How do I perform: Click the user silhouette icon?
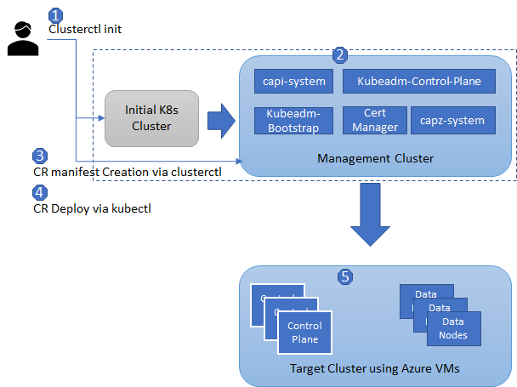[x=24, y=39]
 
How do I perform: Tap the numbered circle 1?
[x=56, y=15]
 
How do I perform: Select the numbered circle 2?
[x=340, y=55]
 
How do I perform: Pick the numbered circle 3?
[x=39, y=157]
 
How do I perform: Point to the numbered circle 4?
[x=39, y=191]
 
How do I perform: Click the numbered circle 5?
[x=344, y=276]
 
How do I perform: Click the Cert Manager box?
[x=374, y=120]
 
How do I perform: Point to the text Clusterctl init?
[x=84, y=29]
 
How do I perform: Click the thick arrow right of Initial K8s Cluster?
[x=221, y=120]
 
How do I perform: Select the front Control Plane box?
[x=304, y=333]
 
